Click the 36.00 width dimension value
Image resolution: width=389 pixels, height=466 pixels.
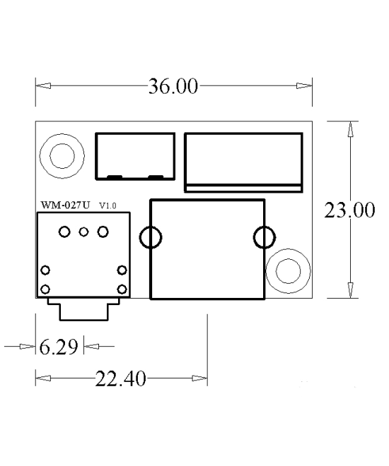coord(174,87)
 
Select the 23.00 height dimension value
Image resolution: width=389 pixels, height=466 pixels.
coord(349,210)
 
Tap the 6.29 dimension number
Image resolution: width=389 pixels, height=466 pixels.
coord(60,347)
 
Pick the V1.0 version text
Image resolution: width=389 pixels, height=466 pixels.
coord(108,205)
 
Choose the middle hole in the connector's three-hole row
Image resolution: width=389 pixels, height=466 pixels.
coord(83,232)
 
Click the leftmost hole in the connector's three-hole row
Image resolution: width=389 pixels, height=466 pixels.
coord(65,232)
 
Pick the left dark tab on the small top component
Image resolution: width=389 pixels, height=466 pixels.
coord(114,176)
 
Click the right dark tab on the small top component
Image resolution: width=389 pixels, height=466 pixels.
coord(156,176)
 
